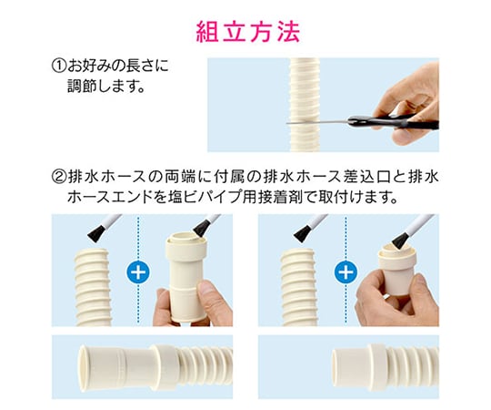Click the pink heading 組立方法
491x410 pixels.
click(248, 32)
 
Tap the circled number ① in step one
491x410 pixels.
click(59, 66)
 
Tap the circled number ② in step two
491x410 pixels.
click(59, 178)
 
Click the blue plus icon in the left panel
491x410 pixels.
click(138, 272)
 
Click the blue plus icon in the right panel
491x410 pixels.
click(346, 272)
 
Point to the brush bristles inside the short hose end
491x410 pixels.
click(398, 241)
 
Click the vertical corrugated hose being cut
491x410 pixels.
click(306, 105)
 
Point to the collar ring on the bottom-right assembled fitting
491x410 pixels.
click(377, 367)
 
